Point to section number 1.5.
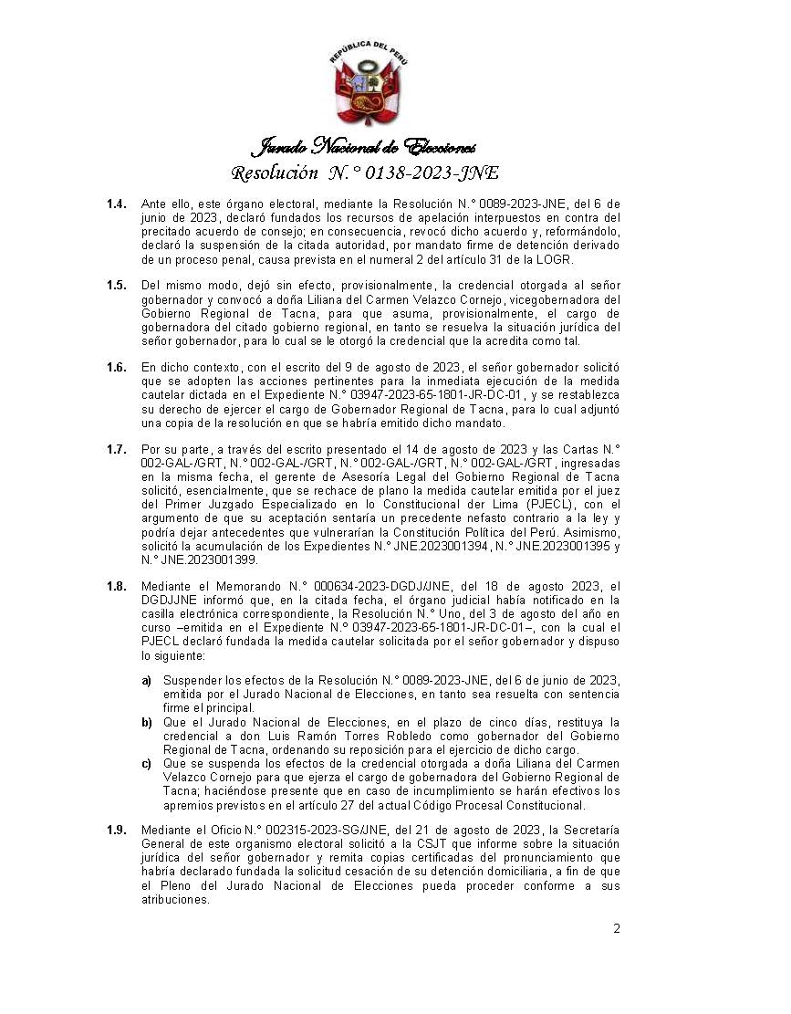[x=116, y=286]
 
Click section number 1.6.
[x=116, y=367]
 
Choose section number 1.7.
[x=116, y=449]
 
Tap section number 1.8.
[x=116, y=586]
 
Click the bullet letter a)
[x=146, y=681]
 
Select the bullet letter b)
[x=146, y=722]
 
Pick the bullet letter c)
[x=146, y=763]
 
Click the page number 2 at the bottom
[x=617, y=929]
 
